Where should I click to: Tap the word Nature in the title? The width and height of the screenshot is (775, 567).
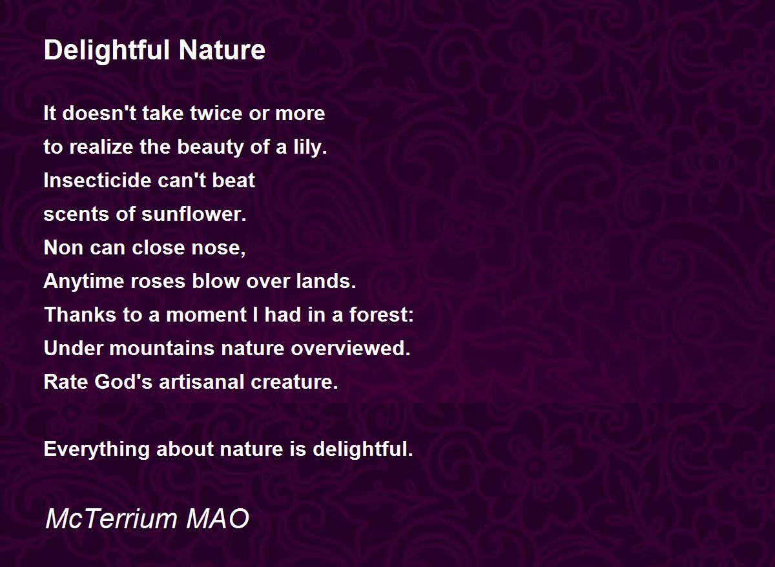click(x=222, y=50)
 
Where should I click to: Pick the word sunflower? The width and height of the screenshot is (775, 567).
click(x=194, y=214)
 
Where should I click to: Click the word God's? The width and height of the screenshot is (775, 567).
click(x=123, y=382)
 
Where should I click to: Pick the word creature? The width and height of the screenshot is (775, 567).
click(x=294, y=382)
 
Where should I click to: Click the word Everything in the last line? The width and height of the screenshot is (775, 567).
click(x=96, y=449)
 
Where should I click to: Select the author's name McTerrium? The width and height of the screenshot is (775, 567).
click(x=111, y=518)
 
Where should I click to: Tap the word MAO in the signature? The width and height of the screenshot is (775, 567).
click(x=217, y=518)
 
